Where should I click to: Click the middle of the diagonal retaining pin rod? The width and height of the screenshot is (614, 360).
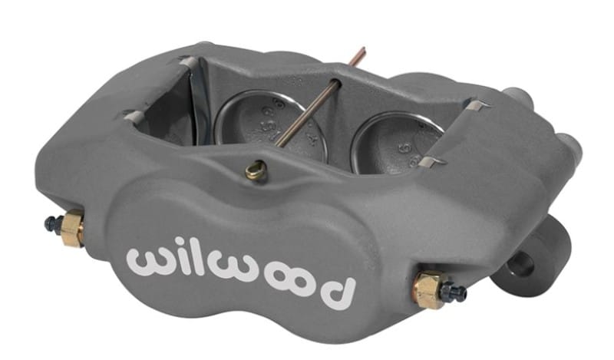307,115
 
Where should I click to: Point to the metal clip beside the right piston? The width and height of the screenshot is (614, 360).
434,162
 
